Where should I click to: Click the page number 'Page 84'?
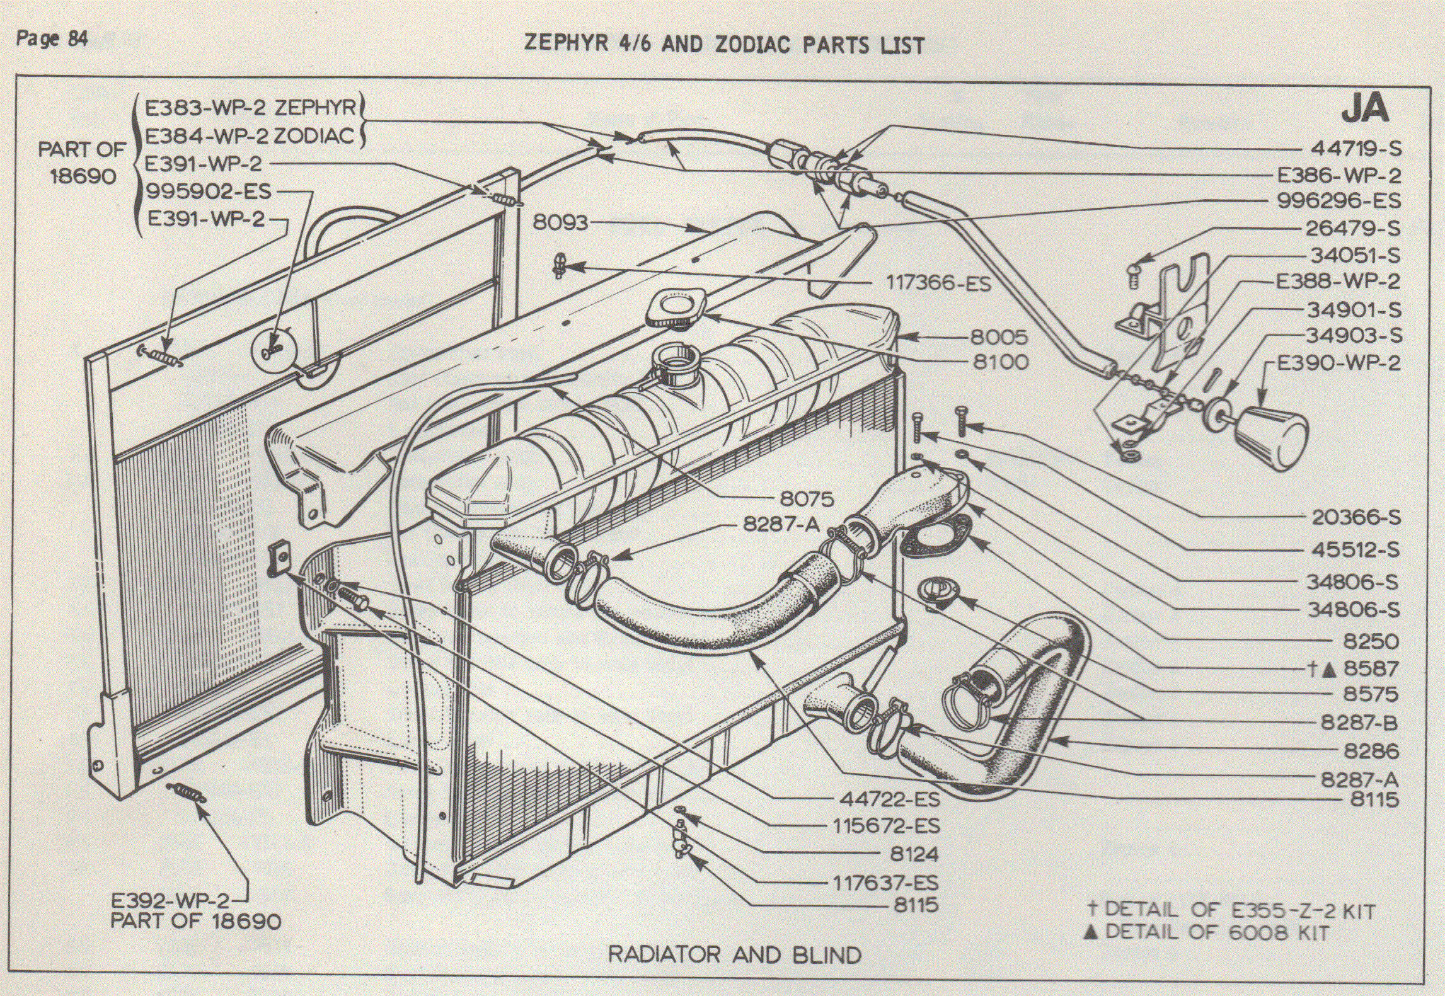[x=52, y=39]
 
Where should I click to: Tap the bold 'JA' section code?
[x=1365, y=109]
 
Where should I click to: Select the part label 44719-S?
[x=1356, y=149]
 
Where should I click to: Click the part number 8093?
[x=560, y=222]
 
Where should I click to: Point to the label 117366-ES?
[x=938, y=283]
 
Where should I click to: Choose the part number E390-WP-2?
[x=1338, y=363]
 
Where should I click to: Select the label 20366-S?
[x=1356, y=518]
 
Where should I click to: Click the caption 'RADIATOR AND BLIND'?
[x=734, y=954]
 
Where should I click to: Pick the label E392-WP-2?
[x=170, y=900]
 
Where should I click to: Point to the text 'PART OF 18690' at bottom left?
[x=195, y=921]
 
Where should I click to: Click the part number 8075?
[x=807, y=499]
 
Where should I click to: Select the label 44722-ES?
[x=889, y=799]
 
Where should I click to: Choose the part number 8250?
[x=1371, y=641]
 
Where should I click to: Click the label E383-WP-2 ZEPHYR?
[x=251, y=108]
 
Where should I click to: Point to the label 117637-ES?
[x=885, y=883]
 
